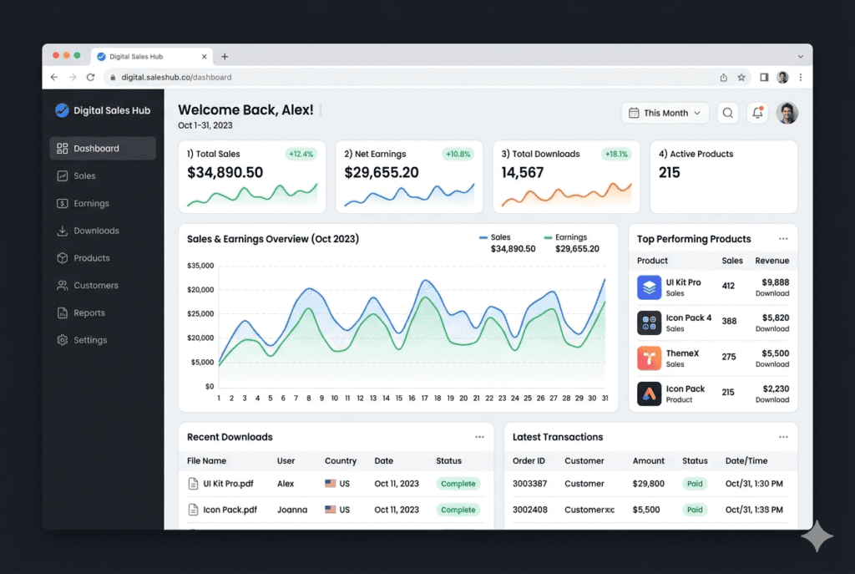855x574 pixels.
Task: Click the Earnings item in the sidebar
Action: [x=90, y=204]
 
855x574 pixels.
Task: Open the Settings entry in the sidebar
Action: [x=89, y=340]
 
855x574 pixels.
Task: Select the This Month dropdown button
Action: [x=665, y=113]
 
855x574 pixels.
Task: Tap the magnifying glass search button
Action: [x=728, y=113]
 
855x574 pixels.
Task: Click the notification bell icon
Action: [x=757, y=113]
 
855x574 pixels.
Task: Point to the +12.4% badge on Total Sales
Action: [x=301, y=154]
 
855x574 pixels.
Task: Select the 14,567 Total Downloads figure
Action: [x=522, y=173]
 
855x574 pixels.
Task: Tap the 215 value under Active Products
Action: [x=669, y=173]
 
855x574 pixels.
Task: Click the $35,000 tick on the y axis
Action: [x=200, y=266]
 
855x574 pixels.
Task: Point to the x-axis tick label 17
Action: [x=424, y=399]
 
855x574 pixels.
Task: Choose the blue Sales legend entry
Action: [x=500, y=237]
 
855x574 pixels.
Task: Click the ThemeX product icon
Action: [x=649, y=358]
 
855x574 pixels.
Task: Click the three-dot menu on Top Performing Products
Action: [x=783, y=239]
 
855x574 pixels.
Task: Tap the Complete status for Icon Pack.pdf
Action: [x=458, y=510]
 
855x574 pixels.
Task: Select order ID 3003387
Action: [x=529, y=484]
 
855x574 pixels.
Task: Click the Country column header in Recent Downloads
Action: [x=340, y=461]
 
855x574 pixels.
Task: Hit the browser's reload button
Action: [x=90, y=77]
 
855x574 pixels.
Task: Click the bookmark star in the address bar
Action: [x=741, y=77]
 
